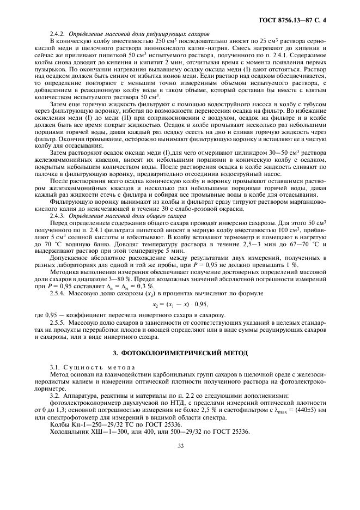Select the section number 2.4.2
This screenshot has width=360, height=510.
(x=58, y=34)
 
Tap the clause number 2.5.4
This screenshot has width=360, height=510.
(x=58, y=293)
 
